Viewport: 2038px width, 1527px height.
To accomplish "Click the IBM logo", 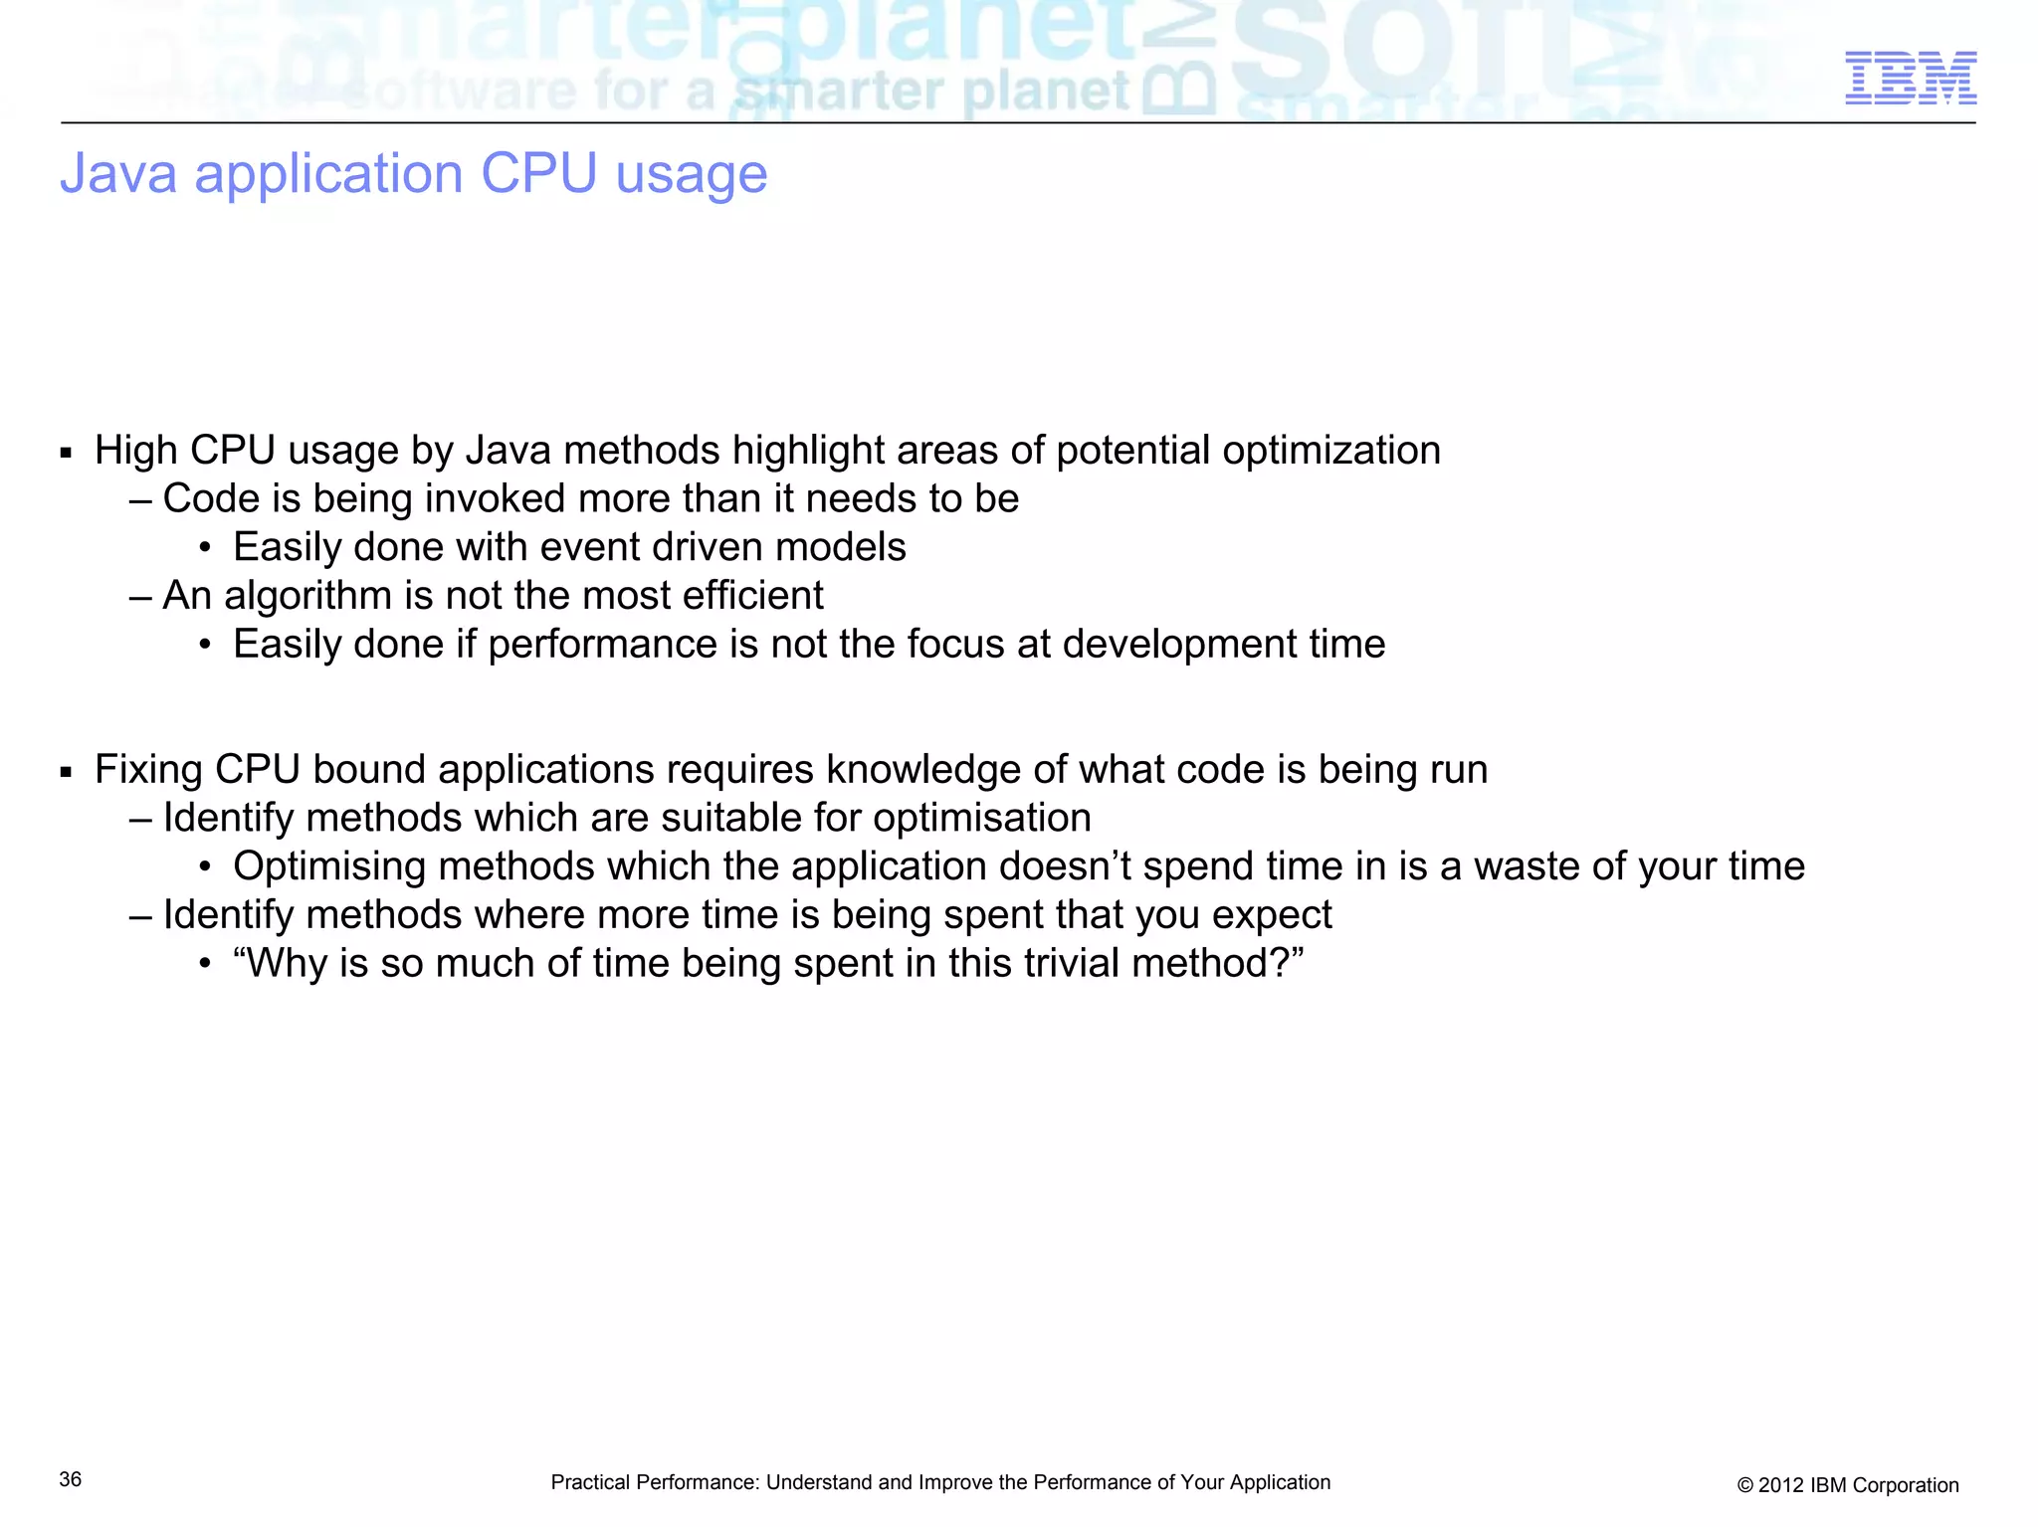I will [x=1910, y=79].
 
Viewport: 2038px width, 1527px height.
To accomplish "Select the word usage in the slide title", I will [x=691, y=176].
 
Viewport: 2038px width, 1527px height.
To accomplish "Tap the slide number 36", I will [x=71, y=1479].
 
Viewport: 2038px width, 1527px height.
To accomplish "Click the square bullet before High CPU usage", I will [x=67, y=454].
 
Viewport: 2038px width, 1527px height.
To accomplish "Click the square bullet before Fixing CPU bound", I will [x=67, y=773].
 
